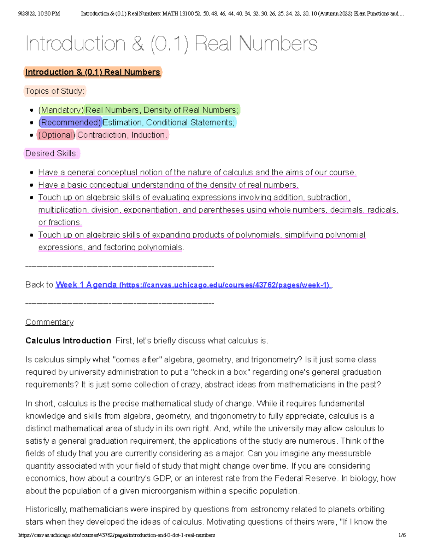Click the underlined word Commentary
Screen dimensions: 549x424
49,322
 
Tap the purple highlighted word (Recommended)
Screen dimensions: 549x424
70,123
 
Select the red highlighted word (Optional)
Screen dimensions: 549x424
57,135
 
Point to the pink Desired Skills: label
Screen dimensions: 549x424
52,153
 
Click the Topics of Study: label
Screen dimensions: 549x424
55,91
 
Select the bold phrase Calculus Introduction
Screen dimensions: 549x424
68,341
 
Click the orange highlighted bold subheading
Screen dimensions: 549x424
93,72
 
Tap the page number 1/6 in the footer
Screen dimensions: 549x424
402,535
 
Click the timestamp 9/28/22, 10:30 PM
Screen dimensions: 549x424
39,14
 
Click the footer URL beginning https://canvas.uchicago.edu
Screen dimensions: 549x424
117,535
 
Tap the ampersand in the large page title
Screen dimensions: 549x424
138,44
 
